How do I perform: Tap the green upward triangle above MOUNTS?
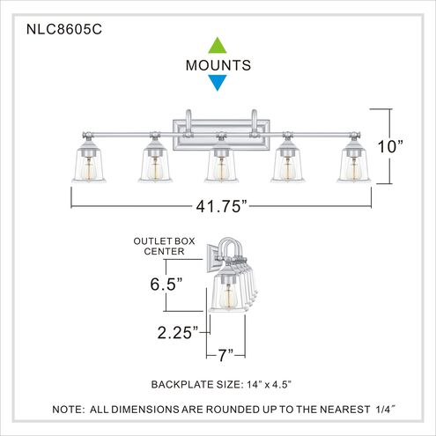[x=218, y=45]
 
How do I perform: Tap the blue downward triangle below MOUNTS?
[x=218, y=84]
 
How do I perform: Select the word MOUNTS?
[x=218, y=65]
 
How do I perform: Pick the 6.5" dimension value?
[x=166, y=285]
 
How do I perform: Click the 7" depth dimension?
[x=225, y=356]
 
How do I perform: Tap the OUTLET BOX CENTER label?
[x=159, y=246]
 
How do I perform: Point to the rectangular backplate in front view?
[x=218, y=124]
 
